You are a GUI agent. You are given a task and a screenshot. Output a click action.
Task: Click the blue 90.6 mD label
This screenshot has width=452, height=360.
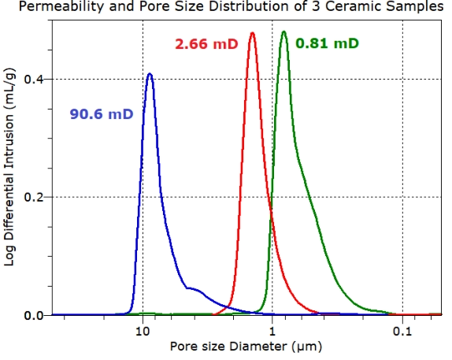pyautogui.click(x=98, y=114)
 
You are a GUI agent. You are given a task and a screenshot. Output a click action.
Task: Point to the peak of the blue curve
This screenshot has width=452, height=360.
pyautogui.click(x=150, y=74)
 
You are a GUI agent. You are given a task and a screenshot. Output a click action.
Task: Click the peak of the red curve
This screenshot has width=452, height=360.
pyautogui.click(x=252, y=33)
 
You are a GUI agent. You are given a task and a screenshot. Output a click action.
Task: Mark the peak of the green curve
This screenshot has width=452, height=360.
pyautogui.click(x=284, y=32)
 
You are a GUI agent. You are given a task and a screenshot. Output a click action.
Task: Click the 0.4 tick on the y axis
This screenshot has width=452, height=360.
pyautogui.click(x=35, y=79)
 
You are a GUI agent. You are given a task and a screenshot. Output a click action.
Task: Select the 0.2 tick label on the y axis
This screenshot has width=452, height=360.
pyautogui.click(x=35, y=197)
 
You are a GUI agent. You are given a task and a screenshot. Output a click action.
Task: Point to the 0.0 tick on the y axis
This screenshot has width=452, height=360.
pyautogui.click(x=35, y=315)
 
